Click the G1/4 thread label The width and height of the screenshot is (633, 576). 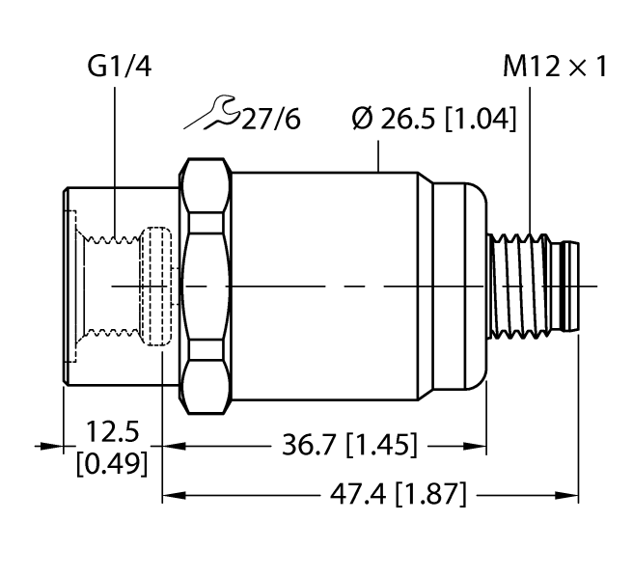[117, 68]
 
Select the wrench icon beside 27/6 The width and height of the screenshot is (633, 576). [210, 114]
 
